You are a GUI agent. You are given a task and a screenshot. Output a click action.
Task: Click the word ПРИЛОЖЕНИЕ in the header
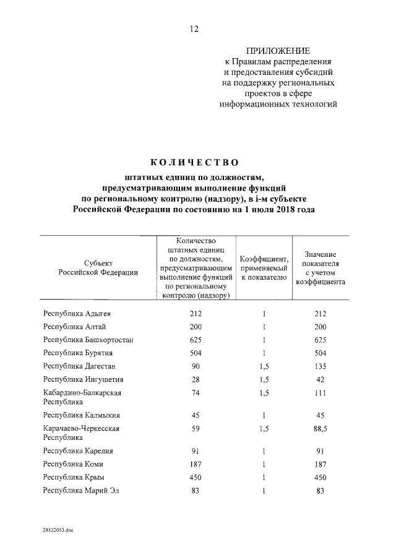(278, 50)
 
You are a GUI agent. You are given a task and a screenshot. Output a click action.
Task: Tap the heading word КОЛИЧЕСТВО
(194, 163)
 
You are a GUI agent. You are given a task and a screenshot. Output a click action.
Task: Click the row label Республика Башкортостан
(88, 340)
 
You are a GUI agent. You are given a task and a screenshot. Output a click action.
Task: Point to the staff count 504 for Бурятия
(196, 353)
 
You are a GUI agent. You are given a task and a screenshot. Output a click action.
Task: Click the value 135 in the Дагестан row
(320, 366)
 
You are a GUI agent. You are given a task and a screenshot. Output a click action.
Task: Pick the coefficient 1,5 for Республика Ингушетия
(264, 379)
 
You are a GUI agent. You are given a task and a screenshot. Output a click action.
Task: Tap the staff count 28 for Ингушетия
(196, 379)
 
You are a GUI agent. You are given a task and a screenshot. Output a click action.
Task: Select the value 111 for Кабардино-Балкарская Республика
(320, 393)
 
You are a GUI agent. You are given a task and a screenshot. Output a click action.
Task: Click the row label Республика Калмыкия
(81, 415)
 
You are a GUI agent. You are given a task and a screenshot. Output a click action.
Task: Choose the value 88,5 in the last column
(320, 428)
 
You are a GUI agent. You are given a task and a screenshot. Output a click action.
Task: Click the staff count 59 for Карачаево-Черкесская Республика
(196, 428)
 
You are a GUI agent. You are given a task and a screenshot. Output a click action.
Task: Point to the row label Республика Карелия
(78, 451)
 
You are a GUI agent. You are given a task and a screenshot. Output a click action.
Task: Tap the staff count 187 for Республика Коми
(196, 464)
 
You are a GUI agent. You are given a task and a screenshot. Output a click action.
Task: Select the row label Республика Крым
(74, 477)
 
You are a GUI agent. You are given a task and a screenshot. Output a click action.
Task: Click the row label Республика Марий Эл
(81, 491)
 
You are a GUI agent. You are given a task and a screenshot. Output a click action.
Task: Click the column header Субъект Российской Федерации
(98, 267)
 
